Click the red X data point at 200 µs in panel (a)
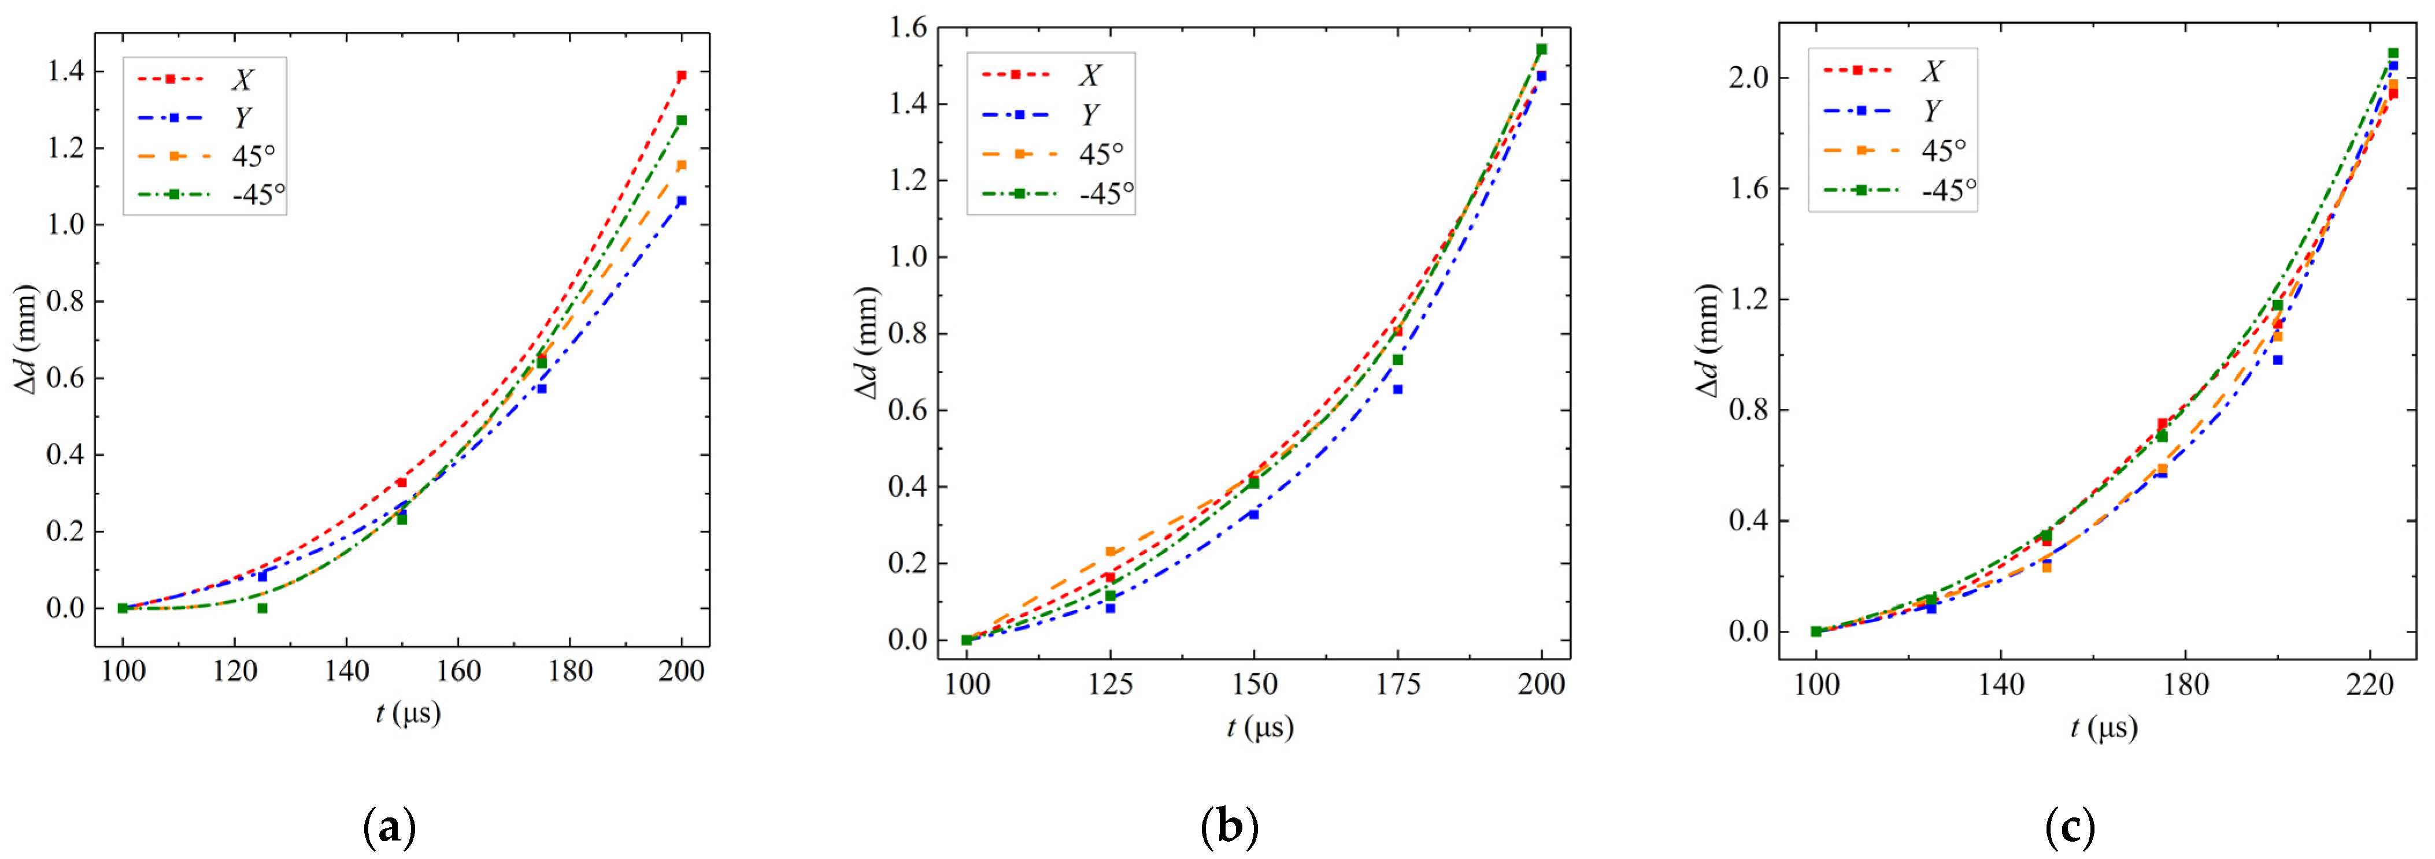680,76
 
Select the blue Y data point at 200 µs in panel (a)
680,200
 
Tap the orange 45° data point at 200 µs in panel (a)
680,165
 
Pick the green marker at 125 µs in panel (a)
262,608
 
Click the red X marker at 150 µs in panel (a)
402,482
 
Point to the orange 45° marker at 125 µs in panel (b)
1110,552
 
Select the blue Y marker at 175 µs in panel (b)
1397,388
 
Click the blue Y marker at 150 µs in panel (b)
1253,514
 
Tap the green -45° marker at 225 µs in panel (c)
2392,54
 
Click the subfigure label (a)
388,829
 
